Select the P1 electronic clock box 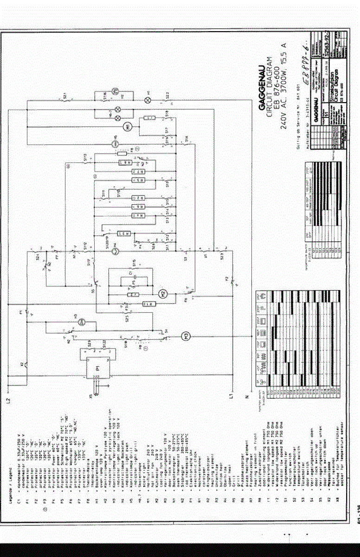99,367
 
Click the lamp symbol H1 148,99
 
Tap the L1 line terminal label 231,396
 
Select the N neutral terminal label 248,397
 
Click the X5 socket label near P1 91,396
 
